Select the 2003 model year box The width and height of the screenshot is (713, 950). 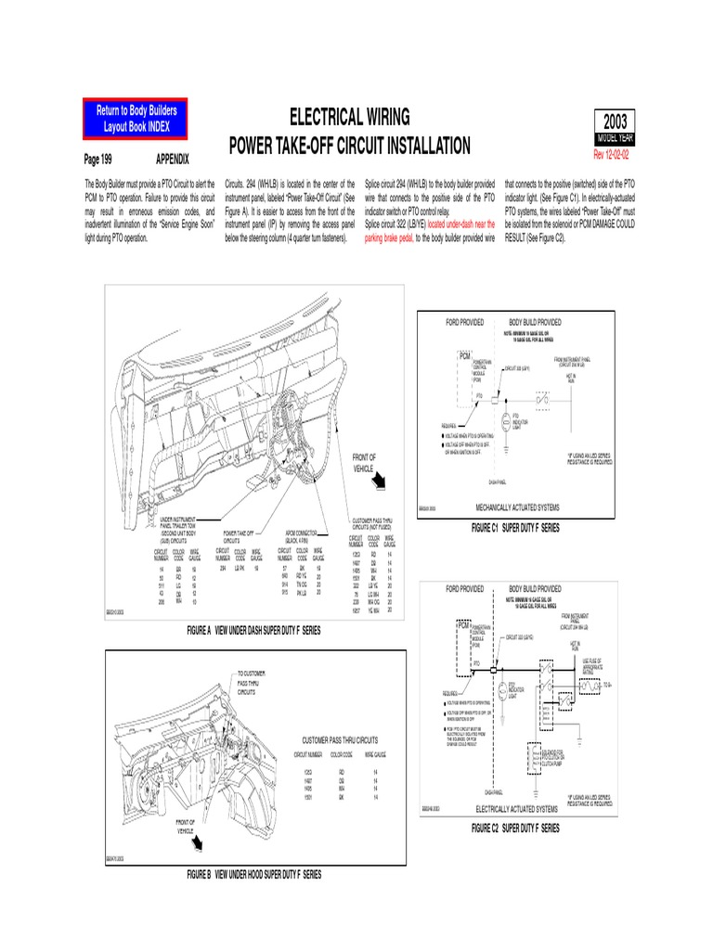(x=615, y=123)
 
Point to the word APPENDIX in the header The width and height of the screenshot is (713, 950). (x=173, y=160)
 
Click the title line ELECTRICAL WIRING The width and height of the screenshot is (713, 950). (x=349, y=117)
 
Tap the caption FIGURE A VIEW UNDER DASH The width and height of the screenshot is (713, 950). (x=253, y=630)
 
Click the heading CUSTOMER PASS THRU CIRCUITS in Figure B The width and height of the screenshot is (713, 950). (x=340, y=741)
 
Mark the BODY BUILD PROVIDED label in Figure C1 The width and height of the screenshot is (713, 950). (x=535, y=322)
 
